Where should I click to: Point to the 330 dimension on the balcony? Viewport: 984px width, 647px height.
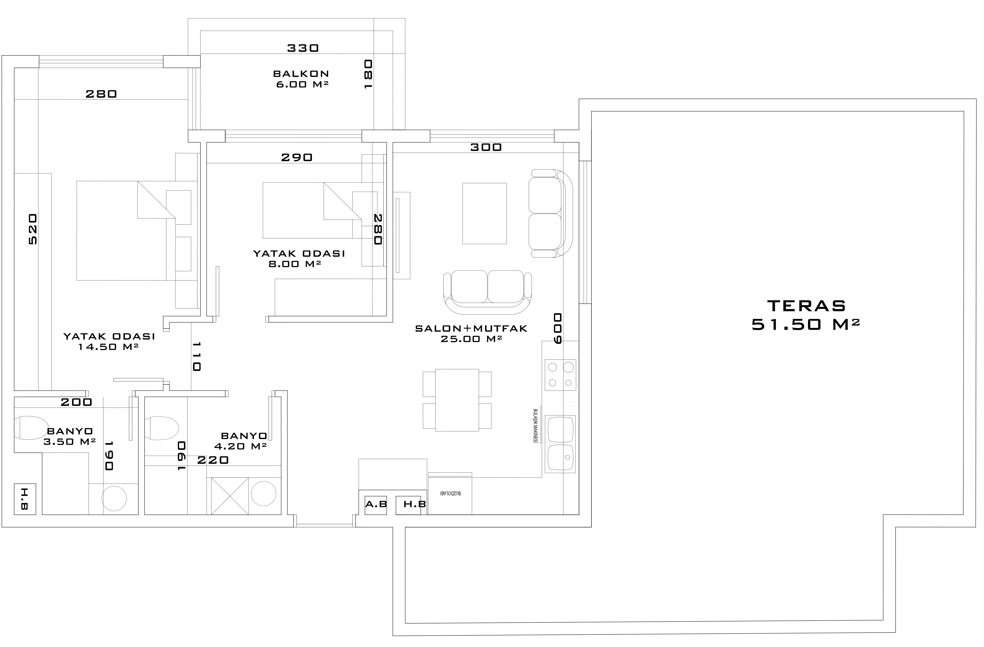(x=303, y=48)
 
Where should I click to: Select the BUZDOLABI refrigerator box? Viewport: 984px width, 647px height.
(x=450, y=496)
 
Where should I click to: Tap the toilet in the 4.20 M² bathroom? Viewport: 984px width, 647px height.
(x=161, y=428)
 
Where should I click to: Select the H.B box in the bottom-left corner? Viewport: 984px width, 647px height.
(x=25, y=499)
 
